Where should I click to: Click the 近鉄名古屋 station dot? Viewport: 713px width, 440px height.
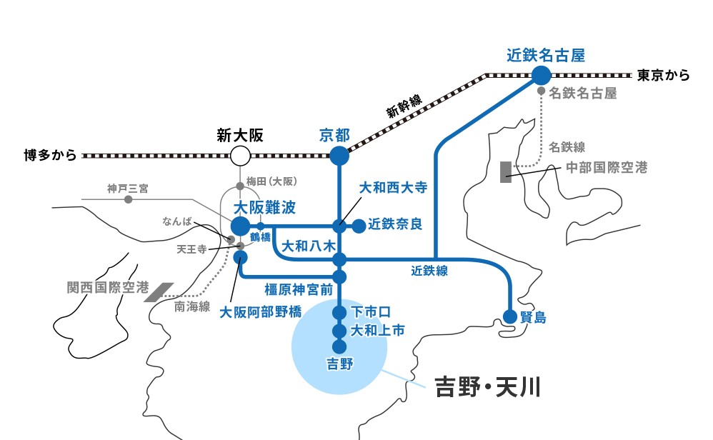(542, 75)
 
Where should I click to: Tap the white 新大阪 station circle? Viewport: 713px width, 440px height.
(240, 155)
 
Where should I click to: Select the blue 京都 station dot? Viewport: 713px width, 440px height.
(339, 155)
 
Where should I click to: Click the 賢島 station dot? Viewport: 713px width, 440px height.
(510, 317)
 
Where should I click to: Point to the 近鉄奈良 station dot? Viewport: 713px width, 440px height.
(359, 226)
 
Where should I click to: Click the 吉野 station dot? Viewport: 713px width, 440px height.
(339, 346)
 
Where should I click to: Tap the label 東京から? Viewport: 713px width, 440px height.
(663, 75)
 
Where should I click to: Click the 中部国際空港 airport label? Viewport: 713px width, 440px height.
(607, 168)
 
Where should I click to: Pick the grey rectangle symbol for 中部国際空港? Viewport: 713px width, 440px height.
(506, 172)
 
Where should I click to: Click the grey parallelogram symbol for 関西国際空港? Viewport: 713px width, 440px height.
(159, 291)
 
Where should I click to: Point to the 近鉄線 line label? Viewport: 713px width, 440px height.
(429, 271)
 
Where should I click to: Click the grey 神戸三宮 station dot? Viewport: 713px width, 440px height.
(129, 199)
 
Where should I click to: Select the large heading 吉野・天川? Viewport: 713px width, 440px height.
(487, 388)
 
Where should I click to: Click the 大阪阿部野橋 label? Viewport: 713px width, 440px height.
(260, 311)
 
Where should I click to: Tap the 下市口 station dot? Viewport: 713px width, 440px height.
(339, 313)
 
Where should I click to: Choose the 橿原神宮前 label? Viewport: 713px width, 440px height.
(298, 289)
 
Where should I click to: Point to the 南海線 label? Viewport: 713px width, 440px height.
(192, 306)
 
